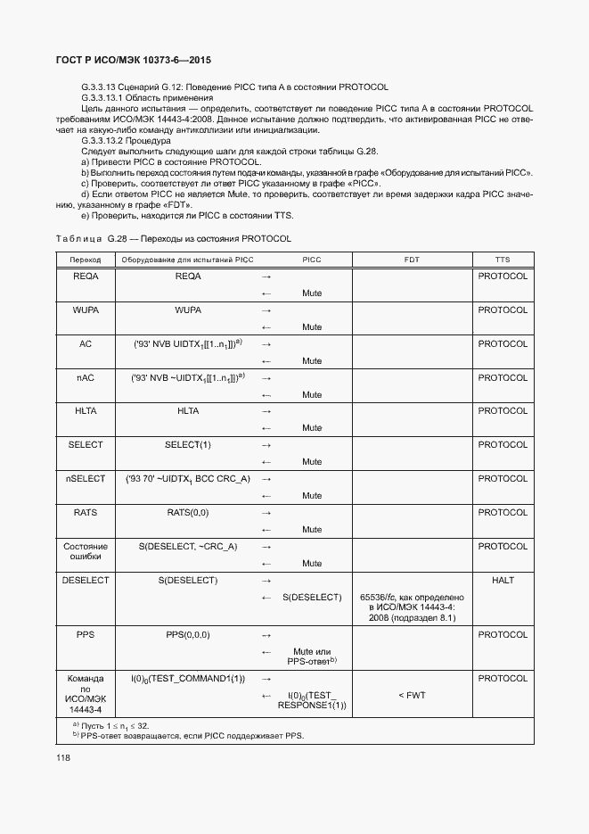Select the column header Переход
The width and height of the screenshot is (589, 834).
point(86,260)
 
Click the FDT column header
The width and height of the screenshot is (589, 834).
point(412,260)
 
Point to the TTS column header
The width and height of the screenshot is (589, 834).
point(503,260)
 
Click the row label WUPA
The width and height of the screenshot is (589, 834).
point(86,310)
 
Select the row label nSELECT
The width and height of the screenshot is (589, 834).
point(86,479)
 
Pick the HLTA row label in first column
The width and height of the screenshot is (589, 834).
point(86,411)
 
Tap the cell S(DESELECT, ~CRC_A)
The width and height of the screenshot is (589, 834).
point(187,547)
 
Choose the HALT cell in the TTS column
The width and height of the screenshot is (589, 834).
point(503,581)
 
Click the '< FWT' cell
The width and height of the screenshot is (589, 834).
point(412,695)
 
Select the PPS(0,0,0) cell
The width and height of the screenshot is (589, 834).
point(187,635)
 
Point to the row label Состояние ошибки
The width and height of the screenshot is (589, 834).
point(86,552)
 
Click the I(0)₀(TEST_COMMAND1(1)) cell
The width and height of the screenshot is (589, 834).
point(187,679)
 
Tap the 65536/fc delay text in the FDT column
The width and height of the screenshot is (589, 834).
point(412,607)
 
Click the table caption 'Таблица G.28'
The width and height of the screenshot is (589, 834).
point(173,239)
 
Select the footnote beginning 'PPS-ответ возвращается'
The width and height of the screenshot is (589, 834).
point(191,737)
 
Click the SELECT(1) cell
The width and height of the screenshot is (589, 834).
point(187,445)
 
